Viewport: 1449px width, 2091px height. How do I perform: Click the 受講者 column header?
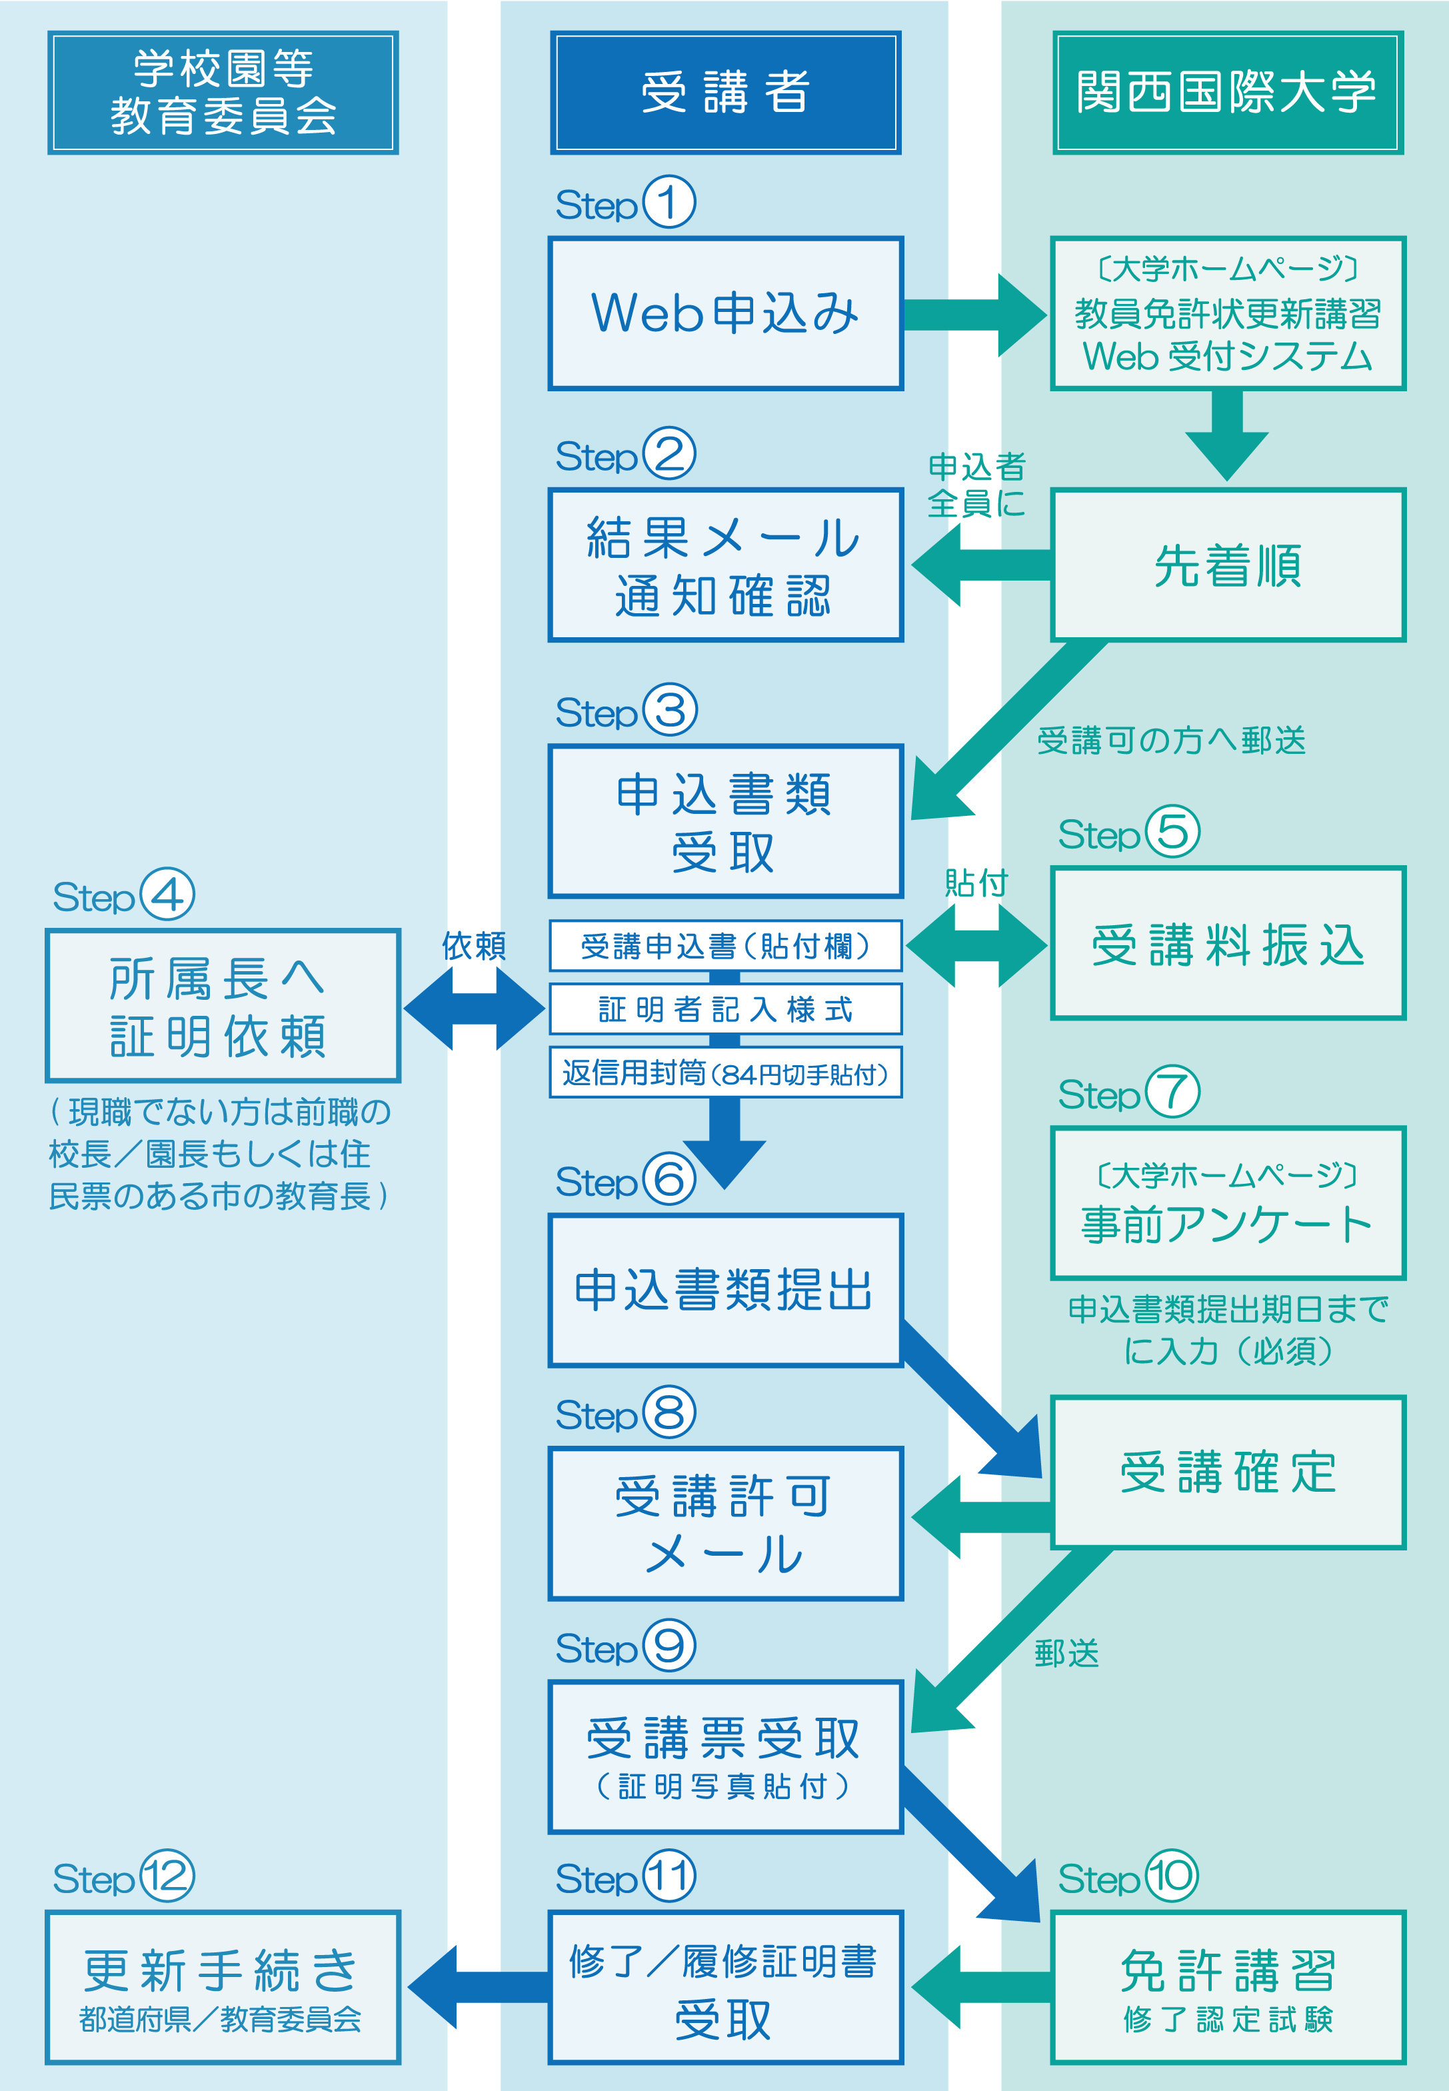(x=725, y=93)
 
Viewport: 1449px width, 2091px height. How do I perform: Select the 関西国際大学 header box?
(x=1228, y=93)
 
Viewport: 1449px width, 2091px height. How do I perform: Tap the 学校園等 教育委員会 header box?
(x=223, y=93)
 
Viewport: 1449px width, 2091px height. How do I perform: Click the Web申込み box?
(x=725, y=313)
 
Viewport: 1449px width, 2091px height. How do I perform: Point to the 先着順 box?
(x=1228, y=565)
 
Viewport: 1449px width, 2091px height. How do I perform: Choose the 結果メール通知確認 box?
(x=725, y=565)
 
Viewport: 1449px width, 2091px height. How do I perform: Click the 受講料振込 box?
(x=1228, y=943)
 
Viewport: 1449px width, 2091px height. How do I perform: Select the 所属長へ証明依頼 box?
(x=223, y=1005)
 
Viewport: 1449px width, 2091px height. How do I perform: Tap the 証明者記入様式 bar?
(x=725, y=1009)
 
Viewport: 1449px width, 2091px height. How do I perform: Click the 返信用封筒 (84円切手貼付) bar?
(x=725, y=1073)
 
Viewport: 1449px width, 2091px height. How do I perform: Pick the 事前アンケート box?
(x=1228, y=1202)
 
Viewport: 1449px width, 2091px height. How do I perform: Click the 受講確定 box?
(x=1228, y=1472)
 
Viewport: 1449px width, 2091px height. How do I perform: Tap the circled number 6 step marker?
(x=669, y=1178)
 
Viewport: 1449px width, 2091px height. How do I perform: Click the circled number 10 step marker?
(x=1171, y=1876)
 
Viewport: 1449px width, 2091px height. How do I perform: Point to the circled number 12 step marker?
(x=166, y=1876)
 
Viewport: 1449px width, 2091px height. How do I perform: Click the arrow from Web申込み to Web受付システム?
(x=975, y=314)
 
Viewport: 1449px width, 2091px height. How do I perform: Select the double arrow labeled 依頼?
(x=474, y=1008)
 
